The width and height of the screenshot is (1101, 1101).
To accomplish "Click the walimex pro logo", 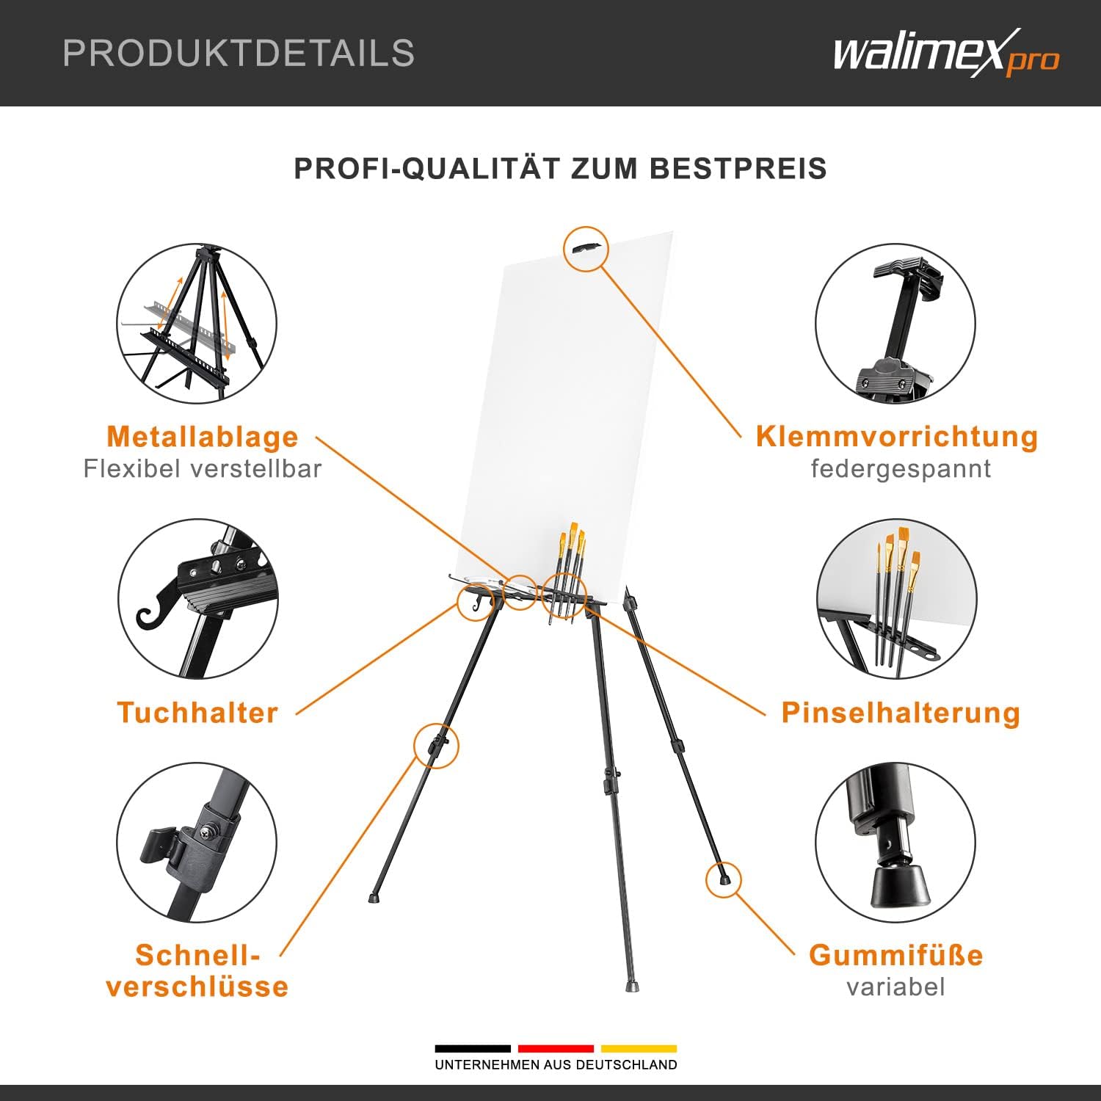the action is [x=946, y=53].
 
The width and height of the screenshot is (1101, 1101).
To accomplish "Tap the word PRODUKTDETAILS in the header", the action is [x=239, y=53].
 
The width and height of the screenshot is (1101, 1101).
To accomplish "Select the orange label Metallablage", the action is [x=203, y=437].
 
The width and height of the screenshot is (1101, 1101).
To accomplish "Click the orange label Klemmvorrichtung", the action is [x=897, y=437].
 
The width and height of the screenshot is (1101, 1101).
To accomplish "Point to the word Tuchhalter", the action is [x=197, y=713].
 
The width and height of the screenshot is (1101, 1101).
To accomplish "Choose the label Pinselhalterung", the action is [x=901, y=713].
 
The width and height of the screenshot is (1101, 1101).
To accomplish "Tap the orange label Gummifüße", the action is [x=895, y=955].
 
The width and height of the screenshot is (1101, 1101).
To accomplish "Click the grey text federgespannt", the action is [x=901, y=468].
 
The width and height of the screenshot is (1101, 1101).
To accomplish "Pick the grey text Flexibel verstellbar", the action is [x=203, y=468].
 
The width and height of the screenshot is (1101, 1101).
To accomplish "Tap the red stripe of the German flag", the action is [x=556, y=1048].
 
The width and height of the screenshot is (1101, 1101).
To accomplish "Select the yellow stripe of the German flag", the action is [x=639, y=1048].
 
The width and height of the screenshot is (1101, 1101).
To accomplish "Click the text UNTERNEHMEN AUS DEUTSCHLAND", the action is [x=556, y=1064].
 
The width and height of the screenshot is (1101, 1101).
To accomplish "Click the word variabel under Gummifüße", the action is [x=895, y=986].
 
